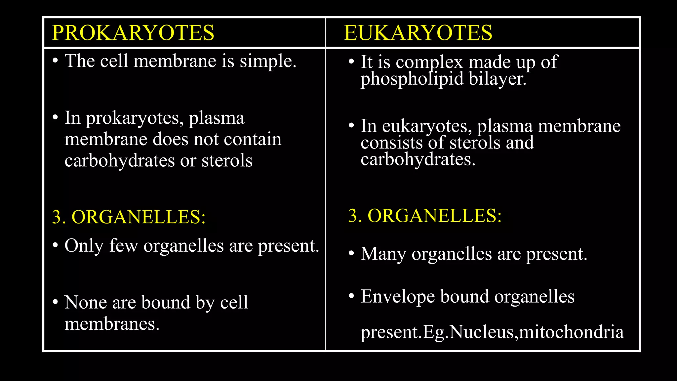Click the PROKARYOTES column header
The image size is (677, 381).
click(133, 33)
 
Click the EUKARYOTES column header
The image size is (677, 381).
click(418, 33)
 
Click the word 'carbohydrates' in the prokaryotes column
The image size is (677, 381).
click(119, 161)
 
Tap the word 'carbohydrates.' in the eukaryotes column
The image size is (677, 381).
click(418, 159)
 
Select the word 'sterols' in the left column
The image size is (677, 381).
click(227, 161)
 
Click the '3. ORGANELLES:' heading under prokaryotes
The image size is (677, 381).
click(129, 217)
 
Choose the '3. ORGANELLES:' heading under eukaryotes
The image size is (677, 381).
click(425, 216)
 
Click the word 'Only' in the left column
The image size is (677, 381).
click(84, 246)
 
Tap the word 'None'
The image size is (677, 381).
click(86, 302)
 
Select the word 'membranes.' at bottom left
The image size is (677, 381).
click(112, 324)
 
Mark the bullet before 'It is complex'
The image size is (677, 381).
click(351, 62)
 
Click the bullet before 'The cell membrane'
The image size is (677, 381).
click(56, 61)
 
